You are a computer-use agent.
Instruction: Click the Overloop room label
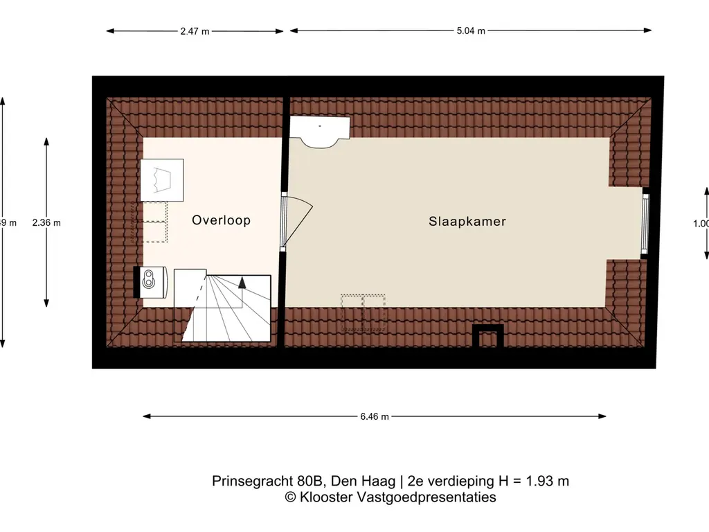point(221,220)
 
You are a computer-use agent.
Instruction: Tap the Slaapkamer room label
point(467,222)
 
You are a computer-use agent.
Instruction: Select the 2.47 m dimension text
point(195,31)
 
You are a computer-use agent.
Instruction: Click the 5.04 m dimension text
point(471,31)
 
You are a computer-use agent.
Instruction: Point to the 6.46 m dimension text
point(375,416)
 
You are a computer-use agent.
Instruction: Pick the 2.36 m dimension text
point(46,222)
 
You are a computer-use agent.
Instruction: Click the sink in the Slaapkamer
point(320,131)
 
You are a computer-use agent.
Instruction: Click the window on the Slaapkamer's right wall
point(646,222)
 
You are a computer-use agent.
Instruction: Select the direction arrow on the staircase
point(242,282)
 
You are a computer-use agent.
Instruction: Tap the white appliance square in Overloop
point(162,180)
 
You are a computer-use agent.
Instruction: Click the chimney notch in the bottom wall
point(487,336)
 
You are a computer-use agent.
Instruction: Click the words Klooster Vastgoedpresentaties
point(397,497)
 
